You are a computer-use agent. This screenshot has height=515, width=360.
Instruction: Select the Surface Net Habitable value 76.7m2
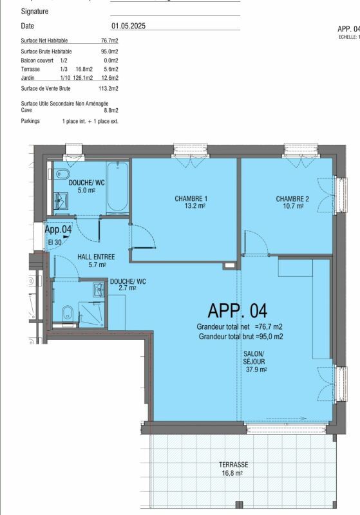point(109,41)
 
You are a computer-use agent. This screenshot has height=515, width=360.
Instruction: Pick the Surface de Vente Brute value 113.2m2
point(108,88)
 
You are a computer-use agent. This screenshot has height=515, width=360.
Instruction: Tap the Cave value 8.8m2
point(111,111)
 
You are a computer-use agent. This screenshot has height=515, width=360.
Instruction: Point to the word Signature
point(35,12)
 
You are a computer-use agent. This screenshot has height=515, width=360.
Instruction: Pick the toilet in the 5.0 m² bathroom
point(62,176)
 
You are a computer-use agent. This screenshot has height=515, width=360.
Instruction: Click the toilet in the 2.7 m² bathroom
point(66,314)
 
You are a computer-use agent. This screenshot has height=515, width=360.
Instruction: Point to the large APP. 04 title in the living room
point(236,311)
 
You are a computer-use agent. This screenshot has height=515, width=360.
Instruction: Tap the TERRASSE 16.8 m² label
point(232,468)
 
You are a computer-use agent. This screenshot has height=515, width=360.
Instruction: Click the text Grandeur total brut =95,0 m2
point(241,336)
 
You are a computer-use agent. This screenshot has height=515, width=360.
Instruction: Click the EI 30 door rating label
point(55,242)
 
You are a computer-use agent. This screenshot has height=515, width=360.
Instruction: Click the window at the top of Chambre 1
point(187,151)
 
